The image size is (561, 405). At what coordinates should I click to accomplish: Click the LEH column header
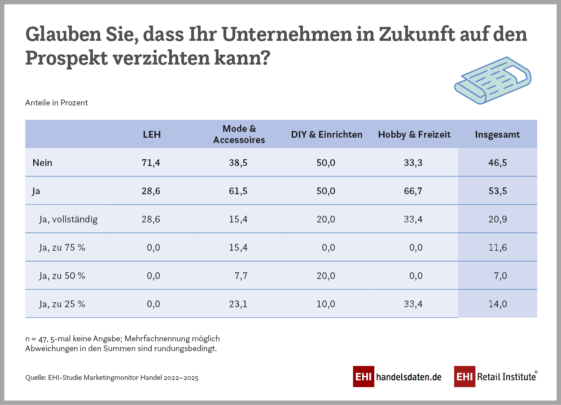[x=151, y=135]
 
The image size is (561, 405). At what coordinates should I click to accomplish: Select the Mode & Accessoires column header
[x=239, y=134]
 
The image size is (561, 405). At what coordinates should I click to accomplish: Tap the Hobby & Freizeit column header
[x=414, y=135]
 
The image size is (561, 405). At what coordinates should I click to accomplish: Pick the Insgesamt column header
[x=497, y=135]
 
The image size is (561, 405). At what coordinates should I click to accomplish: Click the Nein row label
[x=42, y=162]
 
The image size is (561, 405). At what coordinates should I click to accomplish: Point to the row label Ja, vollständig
[x=68, y=219]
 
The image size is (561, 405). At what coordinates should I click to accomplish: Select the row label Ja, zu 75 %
[x=62, y=248]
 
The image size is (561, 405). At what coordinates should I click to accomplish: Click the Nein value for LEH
[x=151, y=162]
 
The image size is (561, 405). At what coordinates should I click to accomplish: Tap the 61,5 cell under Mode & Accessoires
[x=238, y=191]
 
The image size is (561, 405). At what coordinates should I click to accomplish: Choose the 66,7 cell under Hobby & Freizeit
[x=413, y=191]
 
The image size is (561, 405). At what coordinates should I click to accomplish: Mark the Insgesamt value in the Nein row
[x=497, y=162]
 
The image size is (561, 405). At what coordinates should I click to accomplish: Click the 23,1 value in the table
[x=238, y=304]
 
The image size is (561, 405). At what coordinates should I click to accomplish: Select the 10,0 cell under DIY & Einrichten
[x=325, y=304]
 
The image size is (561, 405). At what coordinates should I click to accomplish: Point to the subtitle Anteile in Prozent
[x=57, y=103]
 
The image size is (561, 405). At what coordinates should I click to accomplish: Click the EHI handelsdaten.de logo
[x=397, y=377]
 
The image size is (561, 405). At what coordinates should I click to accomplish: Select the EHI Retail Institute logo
[x=495, y=377]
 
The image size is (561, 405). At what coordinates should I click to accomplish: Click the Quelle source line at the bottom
[x=112, y=378]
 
